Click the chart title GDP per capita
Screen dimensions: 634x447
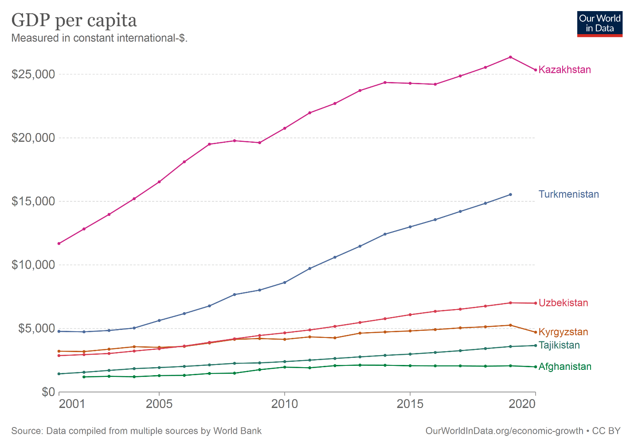tap(74, 21)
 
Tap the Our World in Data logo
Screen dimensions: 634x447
tap(600, 24)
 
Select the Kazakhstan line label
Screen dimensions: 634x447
tap(565, 70)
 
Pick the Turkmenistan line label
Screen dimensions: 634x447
tap(569, 194)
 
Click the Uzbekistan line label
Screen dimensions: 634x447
tap(563, 303)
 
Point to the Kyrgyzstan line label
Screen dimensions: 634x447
tap(563, 332)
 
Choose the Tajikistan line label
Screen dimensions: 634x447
tap(559, 345)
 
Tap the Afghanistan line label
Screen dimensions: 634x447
tap(565, 367)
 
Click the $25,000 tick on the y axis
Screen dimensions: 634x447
tap(33, 74)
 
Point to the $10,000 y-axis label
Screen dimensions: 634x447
tap(33, 265)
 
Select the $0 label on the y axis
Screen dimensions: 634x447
tap(48, 392)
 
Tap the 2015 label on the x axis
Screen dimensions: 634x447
tap(410, 404)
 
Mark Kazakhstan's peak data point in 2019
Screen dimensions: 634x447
tap(510, 57)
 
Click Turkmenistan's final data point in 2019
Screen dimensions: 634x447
tap(510, 195)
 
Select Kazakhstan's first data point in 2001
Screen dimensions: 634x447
tap(59, 243)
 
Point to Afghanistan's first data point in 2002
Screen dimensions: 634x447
tap(84, 377)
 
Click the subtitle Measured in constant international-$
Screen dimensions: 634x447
tap(99, 38)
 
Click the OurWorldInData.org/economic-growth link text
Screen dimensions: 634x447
tap(505, 431)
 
